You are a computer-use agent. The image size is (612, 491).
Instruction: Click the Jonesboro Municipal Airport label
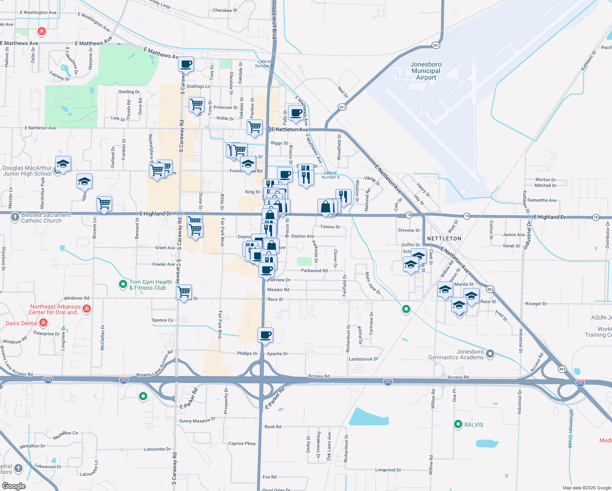[426, 71]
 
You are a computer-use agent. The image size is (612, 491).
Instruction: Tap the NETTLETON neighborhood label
[444, 239]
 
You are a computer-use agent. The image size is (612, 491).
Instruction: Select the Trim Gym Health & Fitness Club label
[150, 285]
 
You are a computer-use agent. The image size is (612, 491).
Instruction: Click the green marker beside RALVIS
[458, 424]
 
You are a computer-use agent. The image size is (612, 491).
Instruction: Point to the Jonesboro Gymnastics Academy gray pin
[490, 354]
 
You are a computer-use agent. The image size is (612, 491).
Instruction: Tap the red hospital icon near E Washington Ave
[41, 31]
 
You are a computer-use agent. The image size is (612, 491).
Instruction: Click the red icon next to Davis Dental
[43, 323]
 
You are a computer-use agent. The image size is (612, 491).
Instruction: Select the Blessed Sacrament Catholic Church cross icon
[15, 217]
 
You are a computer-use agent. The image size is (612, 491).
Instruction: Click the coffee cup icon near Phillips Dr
[265, 335]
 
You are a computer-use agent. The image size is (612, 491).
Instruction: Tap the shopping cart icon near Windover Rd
[184, 292]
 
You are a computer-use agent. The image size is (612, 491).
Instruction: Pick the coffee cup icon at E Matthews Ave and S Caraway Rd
[186, 64]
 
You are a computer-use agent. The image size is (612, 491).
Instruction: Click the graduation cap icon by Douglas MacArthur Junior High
[63, 164]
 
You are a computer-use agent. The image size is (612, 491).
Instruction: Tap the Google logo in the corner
[14, 486]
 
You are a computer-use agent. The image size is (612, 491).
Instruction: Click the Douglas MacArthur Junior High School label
[27, 171]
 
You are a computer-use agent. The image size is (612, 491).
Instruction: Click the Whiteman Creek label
[571, 428]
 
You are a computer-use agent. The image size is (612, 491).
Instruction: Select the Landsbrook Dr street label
[363, 359]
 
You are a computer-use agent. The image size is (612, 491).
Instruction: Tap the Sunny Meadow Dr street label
[197, 421]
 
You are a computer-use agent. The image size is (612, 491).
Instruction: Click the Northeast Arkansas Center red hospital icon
[86, 309]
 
